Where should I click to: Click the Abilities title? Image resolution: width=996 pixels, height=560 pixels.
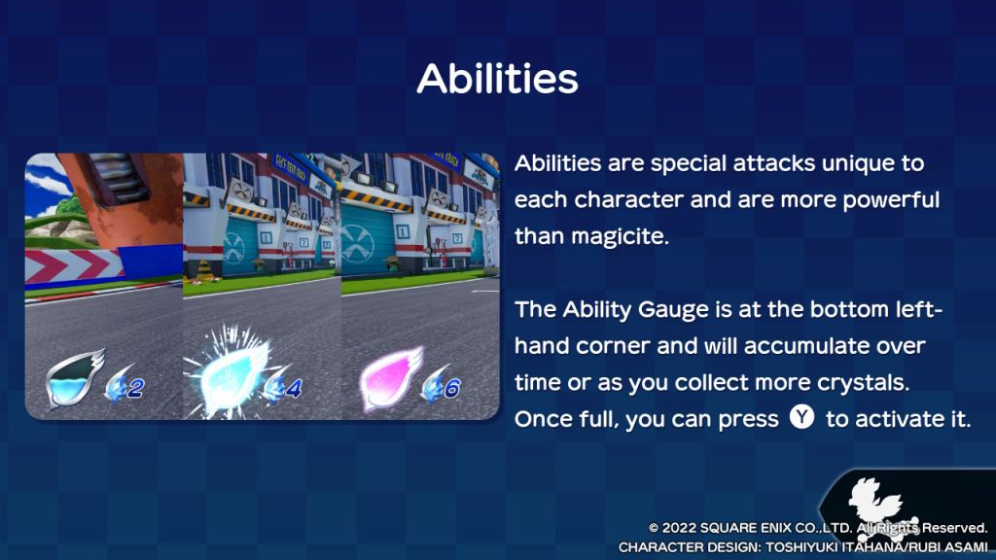[497, 79]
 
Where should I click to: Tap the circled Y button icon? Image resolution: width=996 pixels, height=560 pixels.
[802, 417]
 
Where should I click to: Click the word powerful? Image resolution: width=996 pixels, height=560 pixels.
[891, 200]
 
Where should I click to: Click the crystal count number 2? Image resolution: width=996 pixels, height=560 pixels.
[134, 387]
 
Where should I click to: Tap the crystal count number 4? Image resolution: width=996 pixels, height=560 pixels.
[293, 387]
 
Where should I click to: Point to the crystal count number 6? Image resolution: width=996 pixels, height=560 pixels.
[451, 387]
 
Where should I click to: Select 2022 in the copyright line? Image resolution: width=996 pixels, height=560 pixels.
[678, 528]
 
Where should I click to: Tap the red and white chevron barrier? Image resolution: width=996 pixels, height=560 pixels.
[73, 266]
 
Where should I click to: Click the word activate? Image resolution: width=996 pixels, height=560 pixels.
[889, 419]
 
